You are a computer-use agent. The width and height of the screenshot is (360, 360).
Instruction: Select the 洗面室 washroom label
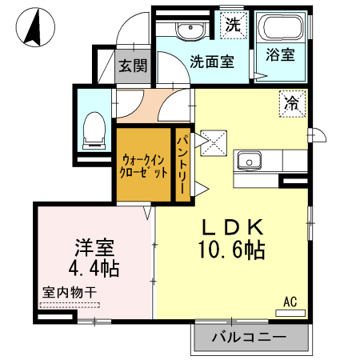click(x=211, y=60)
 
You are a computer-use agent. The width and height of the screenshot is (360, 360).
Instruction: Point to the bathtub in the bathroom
click(x=281, y=30)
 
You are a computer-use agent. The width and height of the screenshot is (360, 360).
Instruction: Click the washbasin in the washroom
click(x=190, y=31)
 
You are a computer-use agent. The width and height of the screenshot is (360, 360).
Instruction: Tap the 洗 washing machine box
click(x=232, y=24)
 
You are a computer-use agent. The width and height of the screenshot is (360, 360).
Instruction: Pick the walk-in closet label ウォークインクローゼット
click(x=144, y=166)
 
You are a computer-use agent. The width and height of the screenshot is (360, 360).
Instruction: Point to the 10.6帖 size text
click(x=232, y=250)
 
